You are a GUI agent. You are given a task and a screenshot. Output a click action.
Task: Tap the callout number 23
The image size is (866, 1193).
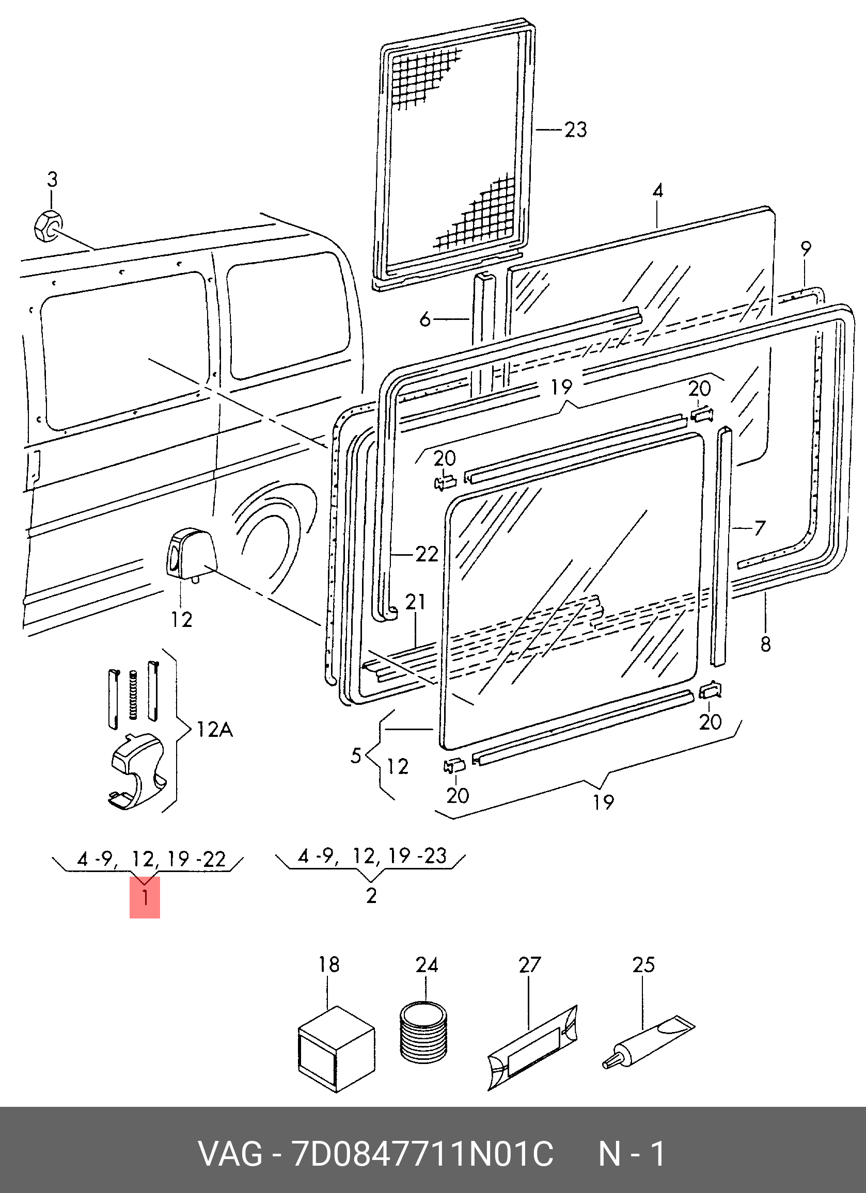575,130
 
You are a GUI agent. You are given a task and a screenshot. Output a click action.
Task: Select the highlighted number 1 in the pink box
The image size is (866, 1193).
145,897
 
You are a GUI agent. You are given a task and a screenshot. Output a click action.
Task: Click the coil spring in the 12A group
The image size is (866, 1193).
133,695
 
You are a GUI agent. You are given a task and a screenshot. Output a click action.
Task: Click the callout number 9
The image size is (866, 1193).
805,248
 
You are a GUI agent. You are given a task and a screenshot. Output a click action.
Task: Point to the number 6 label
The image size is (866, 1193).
426,319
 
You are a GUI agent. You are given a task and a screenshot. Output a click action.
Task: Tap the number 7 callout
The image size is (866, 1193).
759,528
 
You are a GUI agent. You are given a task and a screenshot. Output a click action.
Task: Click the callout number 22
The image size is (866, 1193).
427,554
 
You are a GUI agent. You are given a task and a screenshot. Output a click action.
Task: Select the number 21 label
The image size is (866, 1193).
415,602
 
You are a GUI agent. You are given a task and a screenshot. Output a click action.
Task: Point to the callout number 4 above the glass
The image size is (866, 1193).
658,190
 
